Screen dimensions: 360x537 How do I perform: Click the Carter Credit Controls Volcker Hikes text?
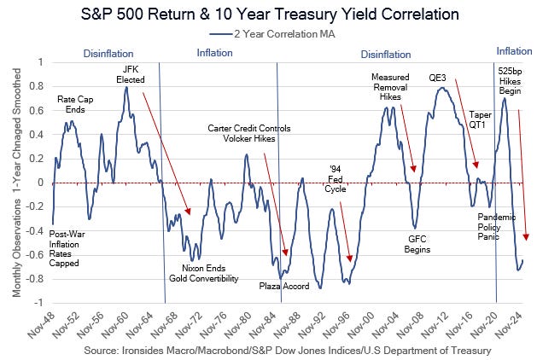(x=248, y=133)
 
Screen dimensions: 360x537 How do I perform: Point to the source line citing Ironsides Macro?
(x=288, y=350)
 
